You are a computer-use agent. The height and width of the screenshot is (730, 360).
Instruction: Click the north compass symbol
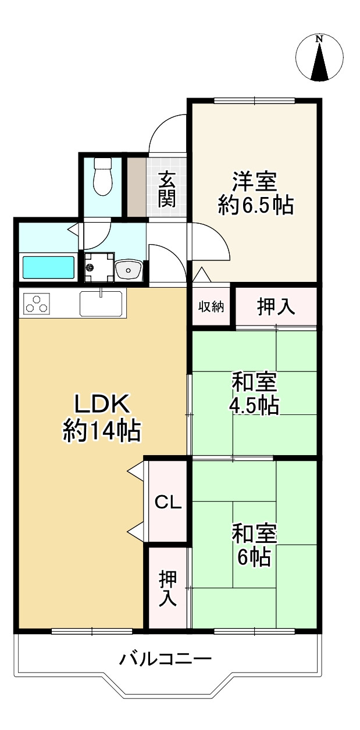[x=319, y=58]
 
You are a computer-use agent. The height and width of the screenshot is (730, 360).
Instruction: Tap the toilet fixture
[x=103, y=176]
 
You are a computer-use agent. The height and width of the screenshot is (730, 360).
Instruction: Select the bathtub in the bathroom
[x=49, y=267]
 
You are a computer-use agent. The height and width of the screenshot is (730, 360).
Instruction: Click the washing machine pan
[x=99, y=267]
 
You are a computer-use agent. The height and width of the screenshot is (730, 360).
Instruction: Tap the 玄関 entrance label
[x=167, y=190]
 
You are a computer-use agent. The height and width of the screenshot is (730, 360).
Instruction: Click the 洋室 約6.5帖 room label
[x=256, y=194]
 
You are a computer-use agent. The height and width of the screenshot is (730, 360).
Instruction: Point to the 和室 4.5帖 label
[x=255, y=394]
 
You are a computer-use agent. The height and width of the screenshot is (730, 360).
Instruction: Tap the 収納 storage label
[x=211, y=307]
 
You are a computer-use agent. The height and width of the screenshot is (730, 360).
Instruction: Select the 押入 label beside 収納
[x=276, y=307]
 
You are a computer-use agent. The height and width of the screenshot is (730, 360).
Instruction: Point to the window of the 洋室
[x=255, y=101]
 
